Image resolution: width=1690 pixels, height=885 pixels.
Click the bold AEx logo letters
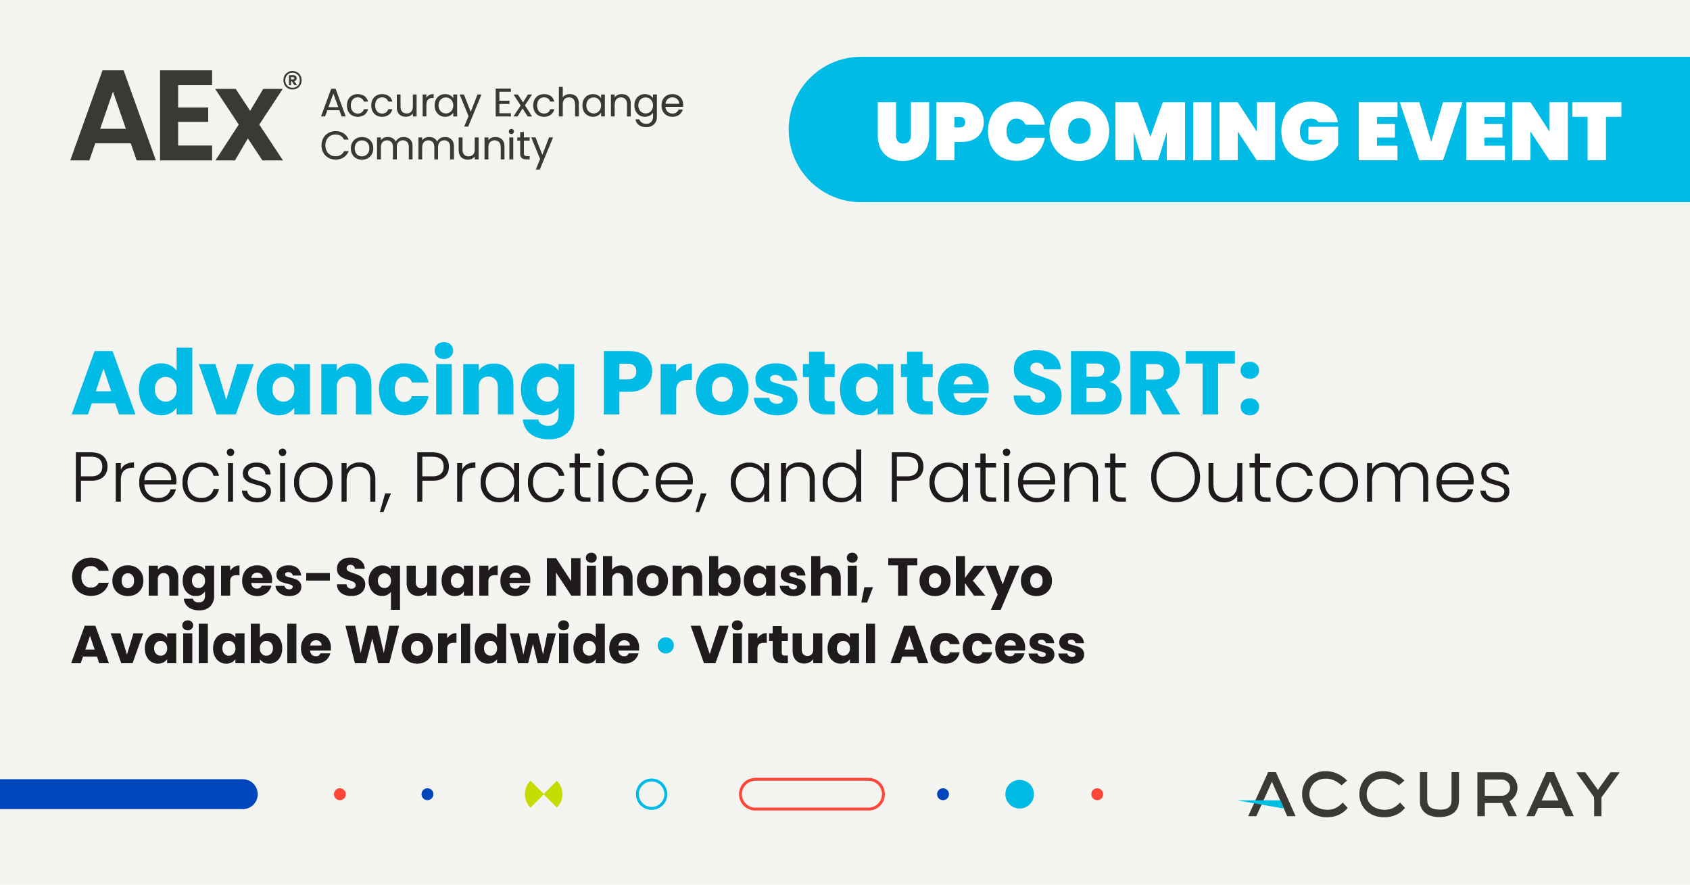[x=177, y=116]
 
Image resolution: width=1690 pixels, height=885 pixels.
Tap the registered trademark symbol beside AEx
[x=292, y=80]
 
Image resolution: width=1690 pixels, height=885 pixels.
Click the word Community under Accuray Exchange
[x=437, y=148]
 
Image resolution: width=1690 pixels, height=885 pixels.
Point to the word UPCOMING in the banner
[x=1107, y=131]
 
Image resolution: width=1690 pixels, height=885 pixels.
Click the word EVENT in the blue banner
[x=1490, y=131]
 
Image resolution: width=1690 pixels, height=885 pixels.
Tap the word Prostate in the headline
[x=795, y=383]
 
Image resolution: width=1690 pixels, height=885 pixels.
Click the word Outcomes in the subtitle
[x=1330, y=477]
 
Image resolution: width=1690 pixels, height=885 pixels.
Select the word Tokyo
[x=970, y=581]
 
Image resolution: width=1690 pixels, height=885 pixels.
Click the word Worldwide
[x=493, y=645]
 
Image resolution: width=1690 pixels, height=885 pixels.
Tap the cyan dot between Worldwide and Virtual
[x=666, y=646]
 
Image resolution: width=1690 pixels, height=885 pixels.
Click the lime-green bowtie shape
[x=544, y=794]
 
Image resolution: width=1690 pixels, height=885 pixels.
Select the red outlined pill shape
[x=811, y=780]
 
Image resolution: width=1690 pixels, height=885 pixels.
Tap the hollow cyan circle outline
[x=652, y=780]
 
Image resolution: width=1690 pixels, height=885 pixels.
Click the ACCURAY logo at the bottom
[x=1428, y=794]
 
